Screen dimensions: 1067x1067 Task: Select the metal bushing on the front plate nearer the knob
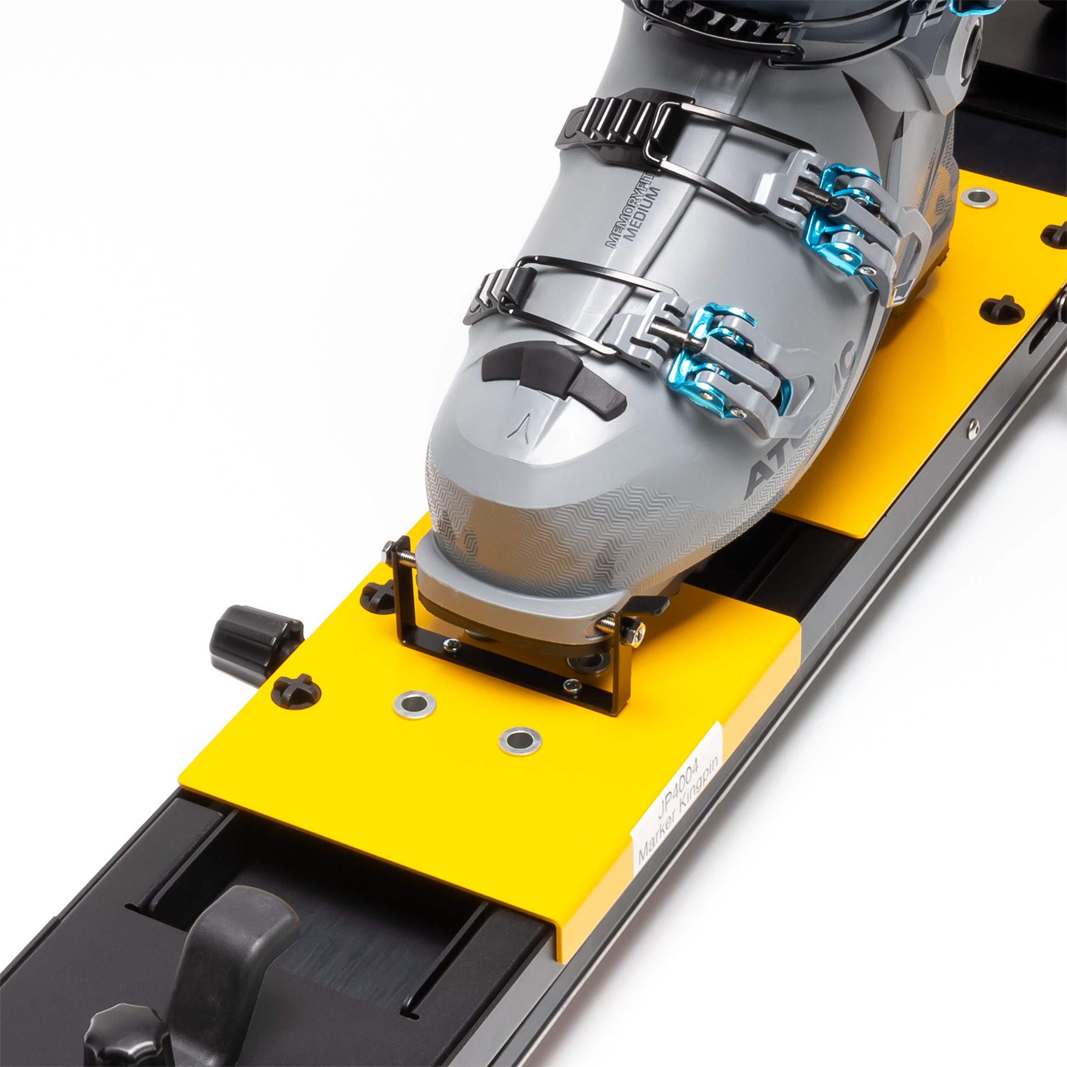point(413,705)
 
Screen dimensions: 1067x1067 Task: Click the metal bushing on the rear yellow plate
point(978,196)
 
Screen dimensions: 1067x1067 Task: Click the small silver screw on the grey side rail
point(973,427)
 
